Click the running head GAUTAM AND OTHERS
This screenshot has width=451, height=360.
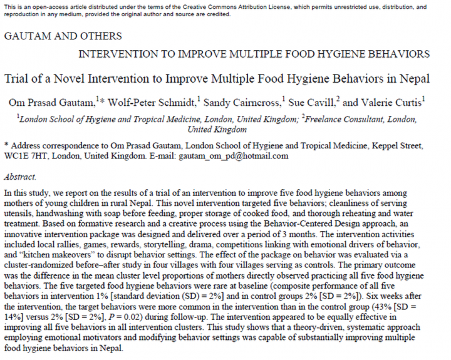[63, 36]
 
